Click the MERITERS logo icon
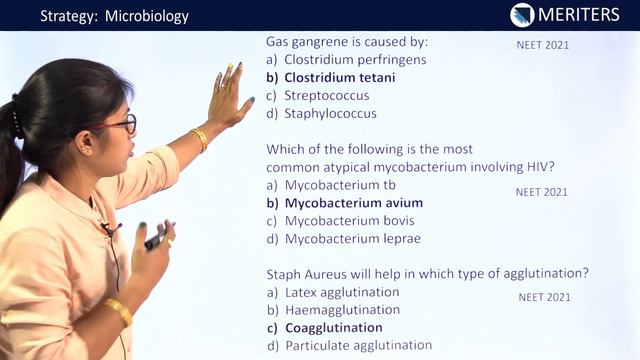pyautogui.click(x=522, y=15)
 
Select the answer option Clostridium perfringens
pyautogui.click(x=355, y=60)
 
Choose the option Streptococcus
pyautogui.click(x=327, y=96)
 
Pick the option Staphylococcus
pyautogui.click(x=330, y=114)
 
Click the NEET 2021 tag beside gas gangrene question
pyautogui.click(x=543, y=45)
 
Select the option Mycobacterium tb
pyautogui.click(x=340, y=185)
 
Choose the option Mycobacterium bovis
pyautogui.click(x=349, y=221)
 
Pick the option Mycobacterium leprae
pyautogui.click(x=352, y=239)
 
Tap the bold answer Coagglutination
pyautogui.click(x=333, y=328)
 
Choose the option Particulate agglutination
pyautogui.click(x=358, y=346)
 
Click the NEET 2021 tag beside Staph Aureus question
pyautogui.click(x=545, y=297)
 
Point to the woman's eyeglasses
pyautogui.click(x=122, y=125)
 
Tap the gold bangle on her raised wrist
pyautogui.click(x=200, y=138)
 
